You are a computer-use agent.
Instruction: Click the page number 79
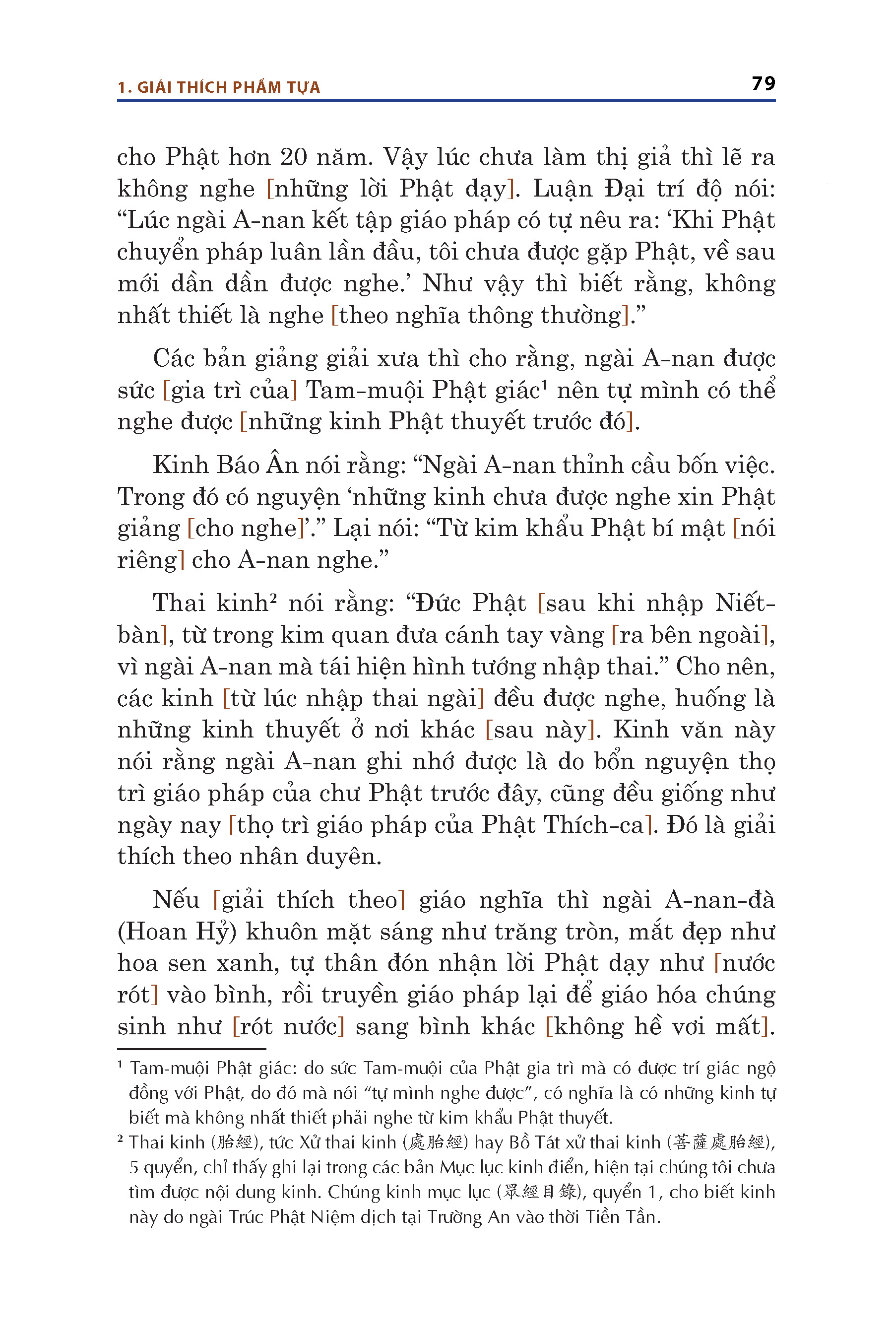pos(763,84)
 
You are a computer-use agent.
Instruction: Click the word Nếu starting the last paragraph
pos(176,900)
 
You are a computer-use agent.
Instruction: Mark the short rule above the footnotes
pos(191,1049)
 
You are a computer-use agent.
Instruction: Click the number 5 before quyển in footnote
pos(134,1167)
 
